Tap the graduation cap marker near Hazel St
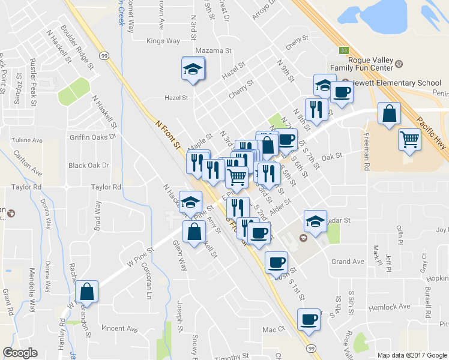[193, 68]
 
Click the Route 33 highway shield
[343, 50]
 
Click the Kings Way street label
[163, 41]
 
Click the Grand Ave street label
[348, 262]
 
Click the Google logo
[20, 352]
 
